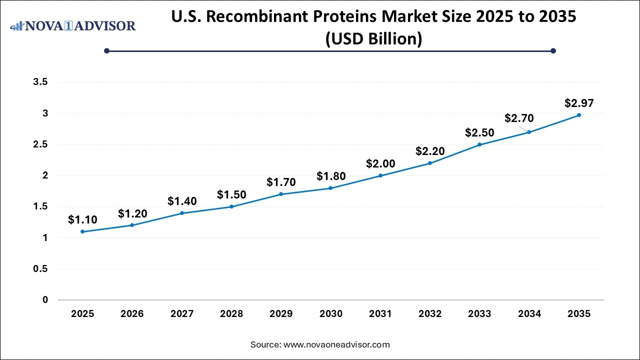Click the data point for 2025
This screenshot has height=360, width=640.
click(x=82, y=231)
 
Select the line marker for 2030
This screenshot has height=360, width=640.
click(x=330, y=188)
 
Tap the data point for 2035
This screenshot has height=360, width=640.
click(x=579, y=115)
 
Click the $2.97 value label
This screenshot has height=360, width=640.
click(x=579, y=103)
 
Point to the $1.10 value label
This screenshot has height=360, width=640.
click(x=82, y=219)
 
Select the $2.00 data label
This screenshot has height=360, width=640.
click(x=380, y=163)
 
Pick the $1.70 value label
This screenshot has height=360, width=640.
click(x=281, y=182)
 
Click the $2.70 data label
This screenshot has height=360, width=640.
click(x=519, y=118)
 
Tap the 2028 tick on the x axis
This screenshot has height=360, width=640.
click(x=231, y=314)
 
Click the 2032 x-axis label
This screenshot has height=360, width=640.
click(x=430, y=314)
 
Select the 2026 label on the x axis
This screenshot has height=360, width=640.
click(x=132, y=314)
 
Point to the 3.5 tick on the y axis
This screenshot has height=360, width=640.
click(x=40, y=82)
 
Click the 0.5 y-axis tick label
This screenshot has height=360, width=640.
click(x=40, y=269)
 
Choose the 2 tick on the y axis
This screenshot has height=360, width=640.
click(x=45, y=175)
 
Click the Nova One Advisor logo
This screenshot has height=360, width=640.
click(x=73, y=26)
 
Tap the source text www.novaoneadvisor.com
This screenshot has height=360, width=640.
click(x=336, y=344)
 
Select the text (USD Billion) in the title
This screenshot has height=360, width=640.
click(x=373, y=38)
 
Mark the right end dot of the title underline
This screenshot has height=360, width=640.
click(x=553, y=50)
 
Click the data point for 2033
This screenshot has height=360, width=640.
click(x=479, y=144)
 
